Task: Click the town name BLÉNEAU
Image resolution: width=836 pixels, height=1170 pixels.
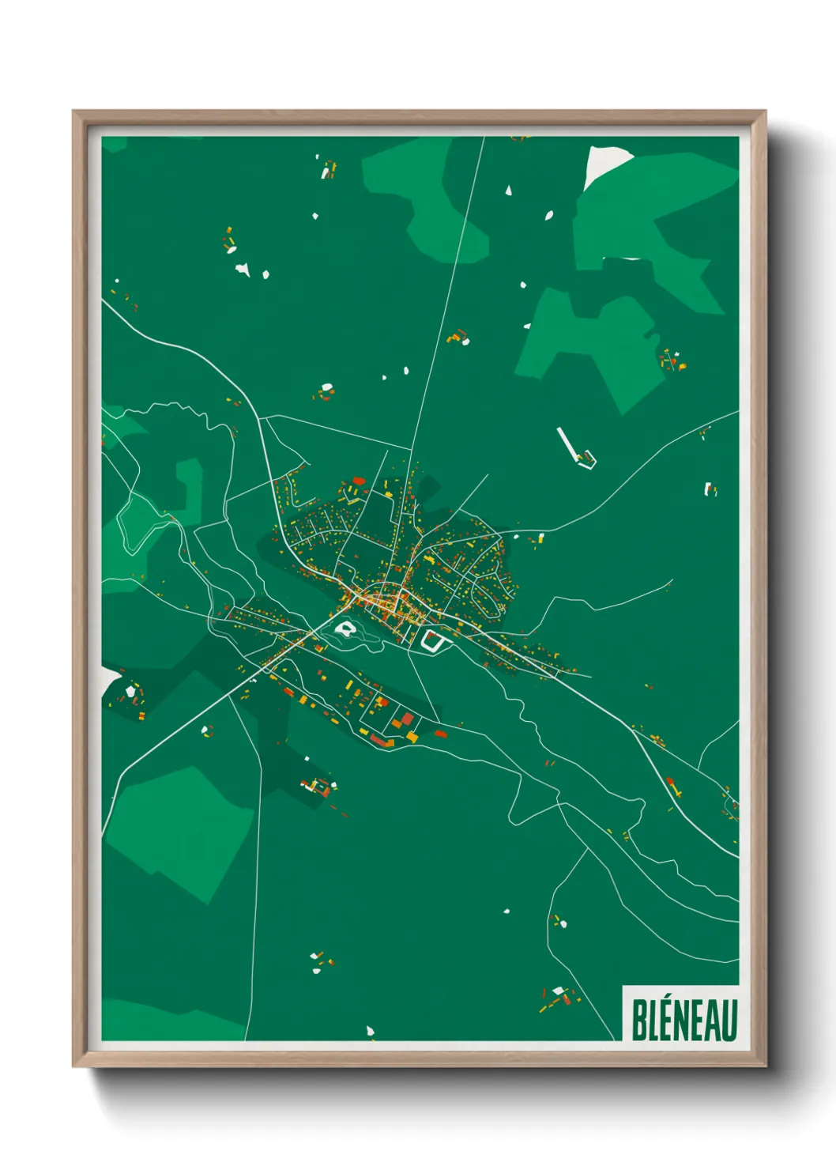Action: tap(683, 1020)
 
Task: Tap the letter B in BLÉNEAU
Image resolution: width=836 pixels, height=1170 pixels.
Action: tap(638, 1020)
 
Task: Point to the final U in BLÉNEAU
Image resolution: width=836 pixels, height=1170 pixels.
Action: tap(730, 1020)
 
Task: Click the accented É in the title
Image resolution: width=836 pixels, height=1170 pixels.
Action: tap(666, 1018)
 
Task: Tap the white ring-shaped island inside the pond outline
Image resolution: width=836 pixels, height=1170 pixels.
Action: tap(345, 629)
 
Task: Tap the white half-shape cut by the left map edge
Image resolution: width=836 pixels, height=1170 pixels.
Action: tap(108, 677)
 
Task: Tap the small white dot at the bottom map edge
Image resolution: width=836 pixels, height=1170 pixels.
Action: tap(370, 1031)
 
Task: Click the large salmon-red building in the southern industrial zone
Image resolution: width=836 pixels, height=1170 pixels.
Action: tap(408, 719)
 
